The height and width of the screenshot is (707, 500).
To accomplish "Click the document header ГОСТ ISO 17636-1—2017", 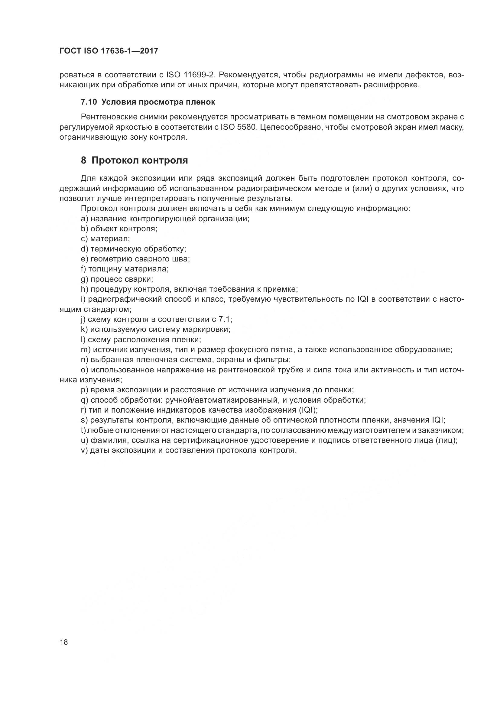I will [109, 51].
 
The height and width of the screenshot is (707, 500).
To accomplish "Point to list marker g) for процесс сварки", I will [84, 279].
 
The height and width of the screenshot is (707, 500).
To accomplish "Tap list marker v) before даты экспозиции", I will [84, 450].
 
